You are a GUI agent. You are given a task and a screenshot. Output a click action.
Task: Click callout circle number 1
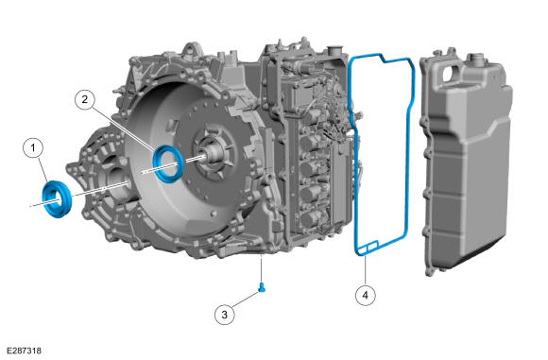click(x=33, y=148)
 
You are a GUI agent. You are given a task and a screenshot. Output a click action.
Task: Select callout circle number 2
click(x=85, y=99)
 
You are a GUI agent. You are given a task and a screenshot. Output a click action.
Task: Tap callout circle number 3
click(x=224, y=315)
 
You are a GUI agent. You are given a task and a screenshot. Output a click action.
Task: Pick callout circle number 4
click(x=366, y=296)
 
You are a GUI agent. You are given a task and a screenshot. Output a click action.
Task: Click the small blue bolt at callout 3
click(x=262, y=287)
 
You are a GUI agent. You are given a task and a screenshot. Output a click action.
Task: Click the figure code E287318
click(x=24, y=351)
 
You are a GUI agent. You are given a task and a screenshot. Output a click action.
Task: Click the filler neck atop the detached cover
click(x=477, y=59)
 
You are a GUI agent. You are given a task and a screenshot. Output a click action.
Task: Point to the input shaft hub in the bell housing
click(x=214, y=154)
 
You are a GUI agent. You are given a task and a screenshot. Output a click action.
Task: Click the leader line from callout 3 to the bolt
click(x=244, y=300)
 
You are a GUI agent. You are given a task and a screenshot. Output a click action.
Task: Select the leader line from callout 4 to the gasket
click(x=366, y=270)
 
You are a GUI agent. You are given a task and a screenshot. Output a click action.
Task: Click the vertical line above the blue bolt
click(x=261, y=269)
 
